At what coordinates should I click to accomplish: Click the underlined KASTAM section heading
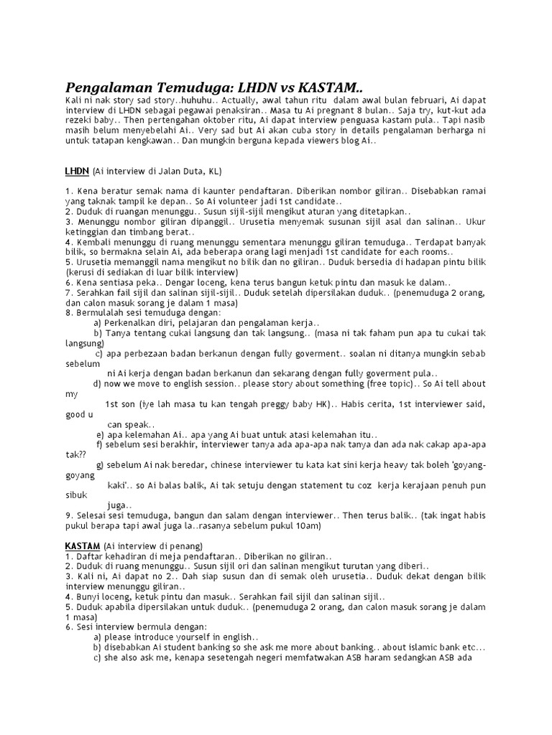(82, 546)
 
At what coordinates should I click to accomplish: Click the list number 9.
(68, 515)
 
